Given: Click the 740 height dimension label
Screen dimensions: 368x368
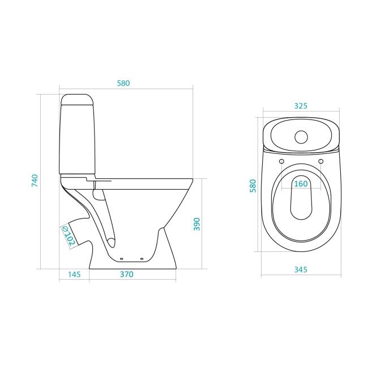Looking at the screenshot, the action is click(35, 181).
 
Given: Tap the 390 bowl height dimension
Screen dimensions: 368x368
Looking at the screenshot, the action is click(197, 224).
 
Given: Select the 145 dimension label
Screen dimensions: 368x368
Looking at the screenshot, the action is click(74, 275).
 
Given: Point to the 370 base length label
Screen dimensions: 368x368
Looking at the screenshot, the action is click(127, 274).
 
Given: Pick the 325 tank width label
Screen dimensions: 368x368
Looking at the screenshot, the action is click(301, 106).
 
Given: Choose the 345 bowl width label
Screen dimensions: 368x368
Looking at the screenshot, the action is click(301, 269).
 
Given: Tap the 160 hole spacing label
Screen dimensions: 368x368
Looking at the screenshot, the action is click(301, 183).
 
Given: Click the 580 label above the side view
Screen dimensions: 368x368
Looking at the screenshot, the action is click(123, 83).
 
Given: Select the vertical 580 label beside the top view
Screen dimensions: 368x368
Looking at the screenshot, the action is click(253, 186).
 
